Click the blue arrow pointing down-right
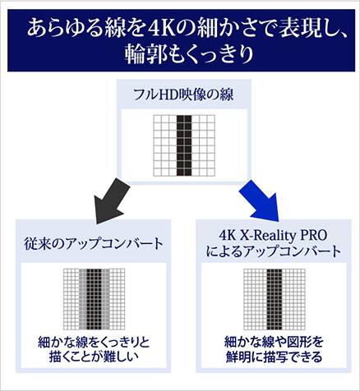[260, 200]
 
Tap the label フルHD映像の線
[183, 95]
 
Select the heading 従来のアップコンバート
[94, 243]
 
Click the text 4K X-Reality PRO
[274, 235]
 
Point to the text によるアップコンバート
[274, 251]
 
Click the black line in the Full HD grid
[184, 145]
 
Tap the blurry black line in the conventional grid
[94, 299]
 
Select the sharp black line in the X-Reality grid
[275, 299]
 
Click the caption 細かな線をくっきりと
[94, 343]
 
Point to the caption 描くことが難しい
[94, 356]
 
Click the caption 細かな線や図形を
[274, 342]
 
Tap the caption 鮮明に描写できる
[274, 356]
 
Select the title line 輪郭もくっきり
[189, 53]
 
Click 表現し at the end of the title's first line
[302, 29]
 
